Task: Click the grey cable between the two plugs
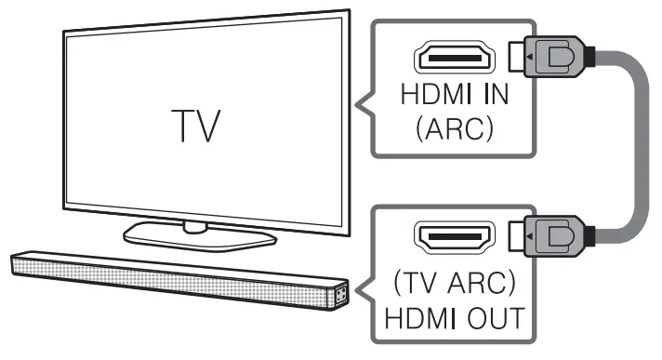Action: click(x=638, y=149)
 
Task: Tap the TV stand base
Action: click(x=195, y=236)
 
